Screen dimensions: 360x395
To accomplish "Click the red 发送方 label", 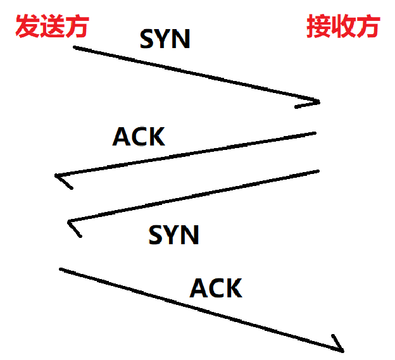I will [x=51, y=27].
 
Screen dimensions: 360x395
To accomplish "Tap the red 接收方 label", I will [x=343, y=27].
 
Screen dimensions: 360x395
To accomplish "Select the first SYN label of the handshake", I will [x=165, y=40].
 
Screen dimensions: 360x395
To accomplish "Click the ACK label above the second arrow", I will [x=139, y=137].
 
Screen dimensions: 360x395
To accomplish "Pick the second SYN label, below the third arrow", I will [x=174, y=235].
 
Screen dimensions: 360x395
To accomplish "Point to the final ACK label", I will [x=216, y=289].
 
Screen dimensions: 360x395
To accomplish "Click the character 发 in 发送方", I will [x=27, y=27].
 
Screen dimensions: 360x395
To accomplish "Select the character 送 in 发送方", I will [x=51, y=27].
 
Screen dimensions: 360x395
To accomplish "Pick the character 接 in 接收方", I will [x=318, y=27].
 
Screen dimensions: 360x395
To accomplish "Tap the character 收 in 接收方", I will [x=343, y=27].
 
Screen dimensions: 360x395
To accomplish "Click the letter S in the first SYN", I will [x=147, y=40].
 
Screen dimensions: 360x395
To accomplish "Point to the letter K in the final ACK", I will [x=232, y=289].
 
